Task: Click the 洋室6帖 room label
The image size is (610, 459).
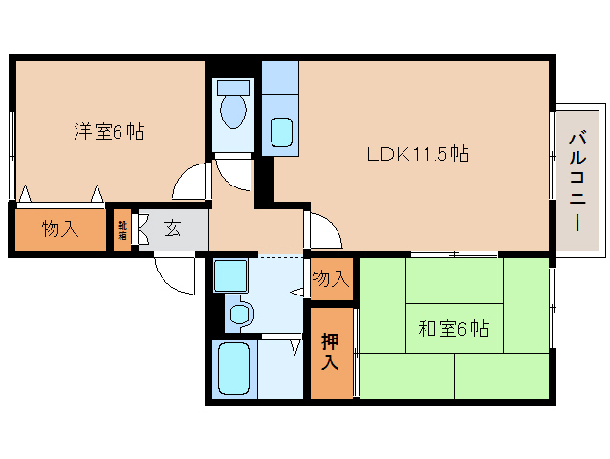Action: (109, 131)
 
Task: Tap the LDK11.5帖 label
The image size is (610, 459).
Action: (418, 154)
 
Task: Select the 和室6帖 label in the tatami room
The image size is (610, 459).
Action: (453, 329)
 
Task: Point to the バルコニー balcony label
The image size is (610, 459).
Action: (577, 182)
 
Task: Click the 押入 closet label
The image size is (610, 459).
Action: (330, 352)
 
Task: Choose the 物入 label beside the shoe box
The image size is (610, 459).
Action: (60, 229)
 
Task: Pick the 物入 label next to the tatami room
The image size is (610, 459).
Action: (331, 278)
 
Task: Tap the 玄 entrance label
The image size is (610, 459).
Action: (173, 229)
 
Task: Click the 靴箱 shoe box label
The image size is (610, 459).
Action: (122, 229)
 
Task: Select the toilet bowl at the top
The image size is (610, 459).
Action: (233, 111)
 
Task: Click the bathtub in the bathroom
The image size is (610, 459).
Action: (233, 369)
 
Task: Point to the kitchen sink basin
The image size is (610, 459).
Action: (281, 132)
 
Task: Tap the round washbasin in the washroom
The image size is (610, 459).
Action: (239, 314)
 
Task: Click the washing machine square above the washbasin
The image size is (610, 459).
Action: (230, 275)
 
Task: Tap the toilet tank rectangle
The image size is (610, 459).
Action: (233, 87)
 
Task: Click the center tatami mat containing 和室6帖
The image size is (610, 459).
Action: (454, 328)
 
